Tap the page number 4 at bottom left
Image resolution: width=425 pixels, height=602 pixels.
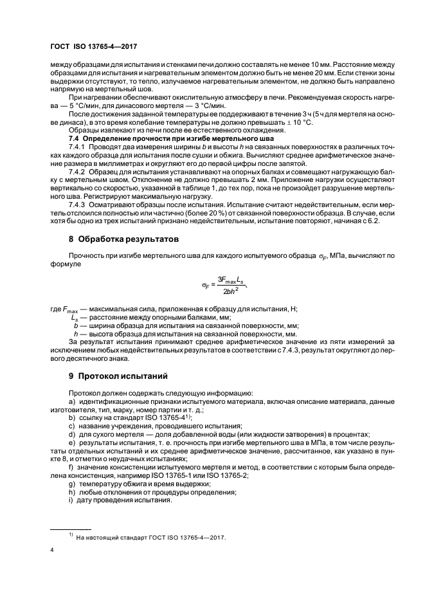pyautogui.click(x=52, y=551)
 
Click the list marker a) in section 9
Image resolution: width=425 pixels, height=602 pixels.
pyautogui.click(x=71, y=401)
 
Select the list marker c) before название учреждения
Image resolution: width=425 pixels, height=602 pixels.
pyautogui.click(x=71, y=426)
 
